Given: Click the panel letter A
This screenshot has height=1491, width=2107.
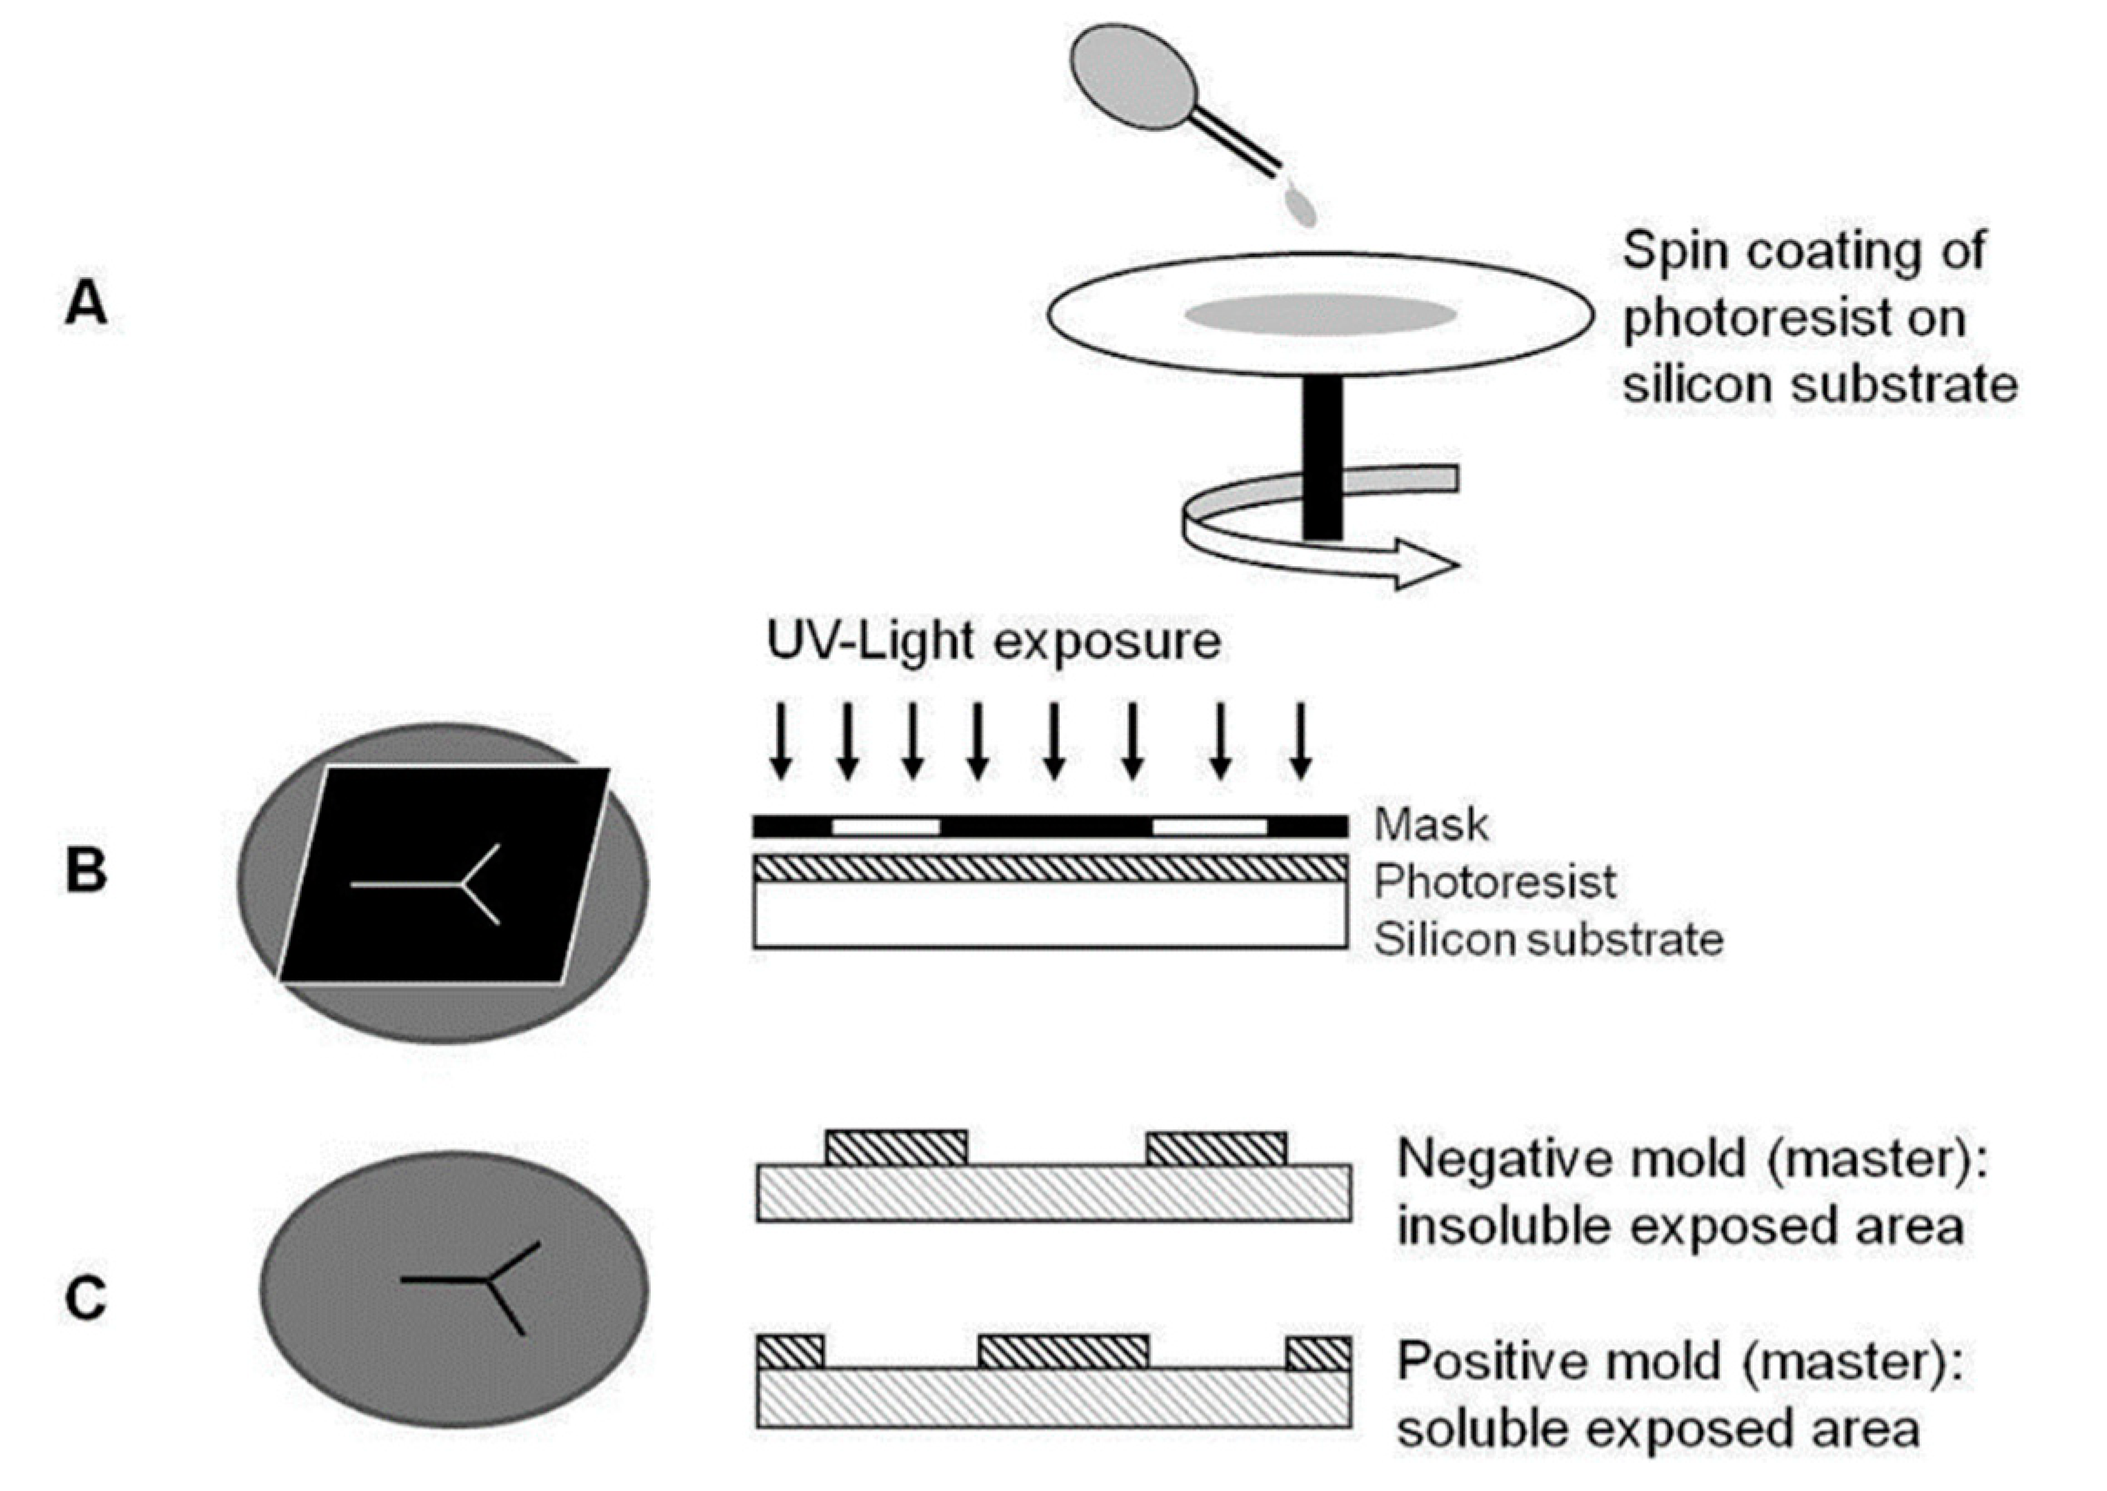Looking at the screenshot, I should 85,303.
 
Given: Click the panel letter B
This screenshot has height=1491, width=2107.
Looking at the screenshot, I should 85,870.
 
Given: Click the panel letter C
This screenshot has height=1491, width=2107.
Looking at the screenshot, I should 85,1298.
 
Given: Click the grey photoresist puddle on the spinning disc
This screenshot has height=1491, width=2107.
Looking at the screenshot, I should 1320,314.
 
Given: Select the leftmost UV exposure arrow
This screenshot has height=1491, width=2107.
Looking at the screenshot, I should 780,740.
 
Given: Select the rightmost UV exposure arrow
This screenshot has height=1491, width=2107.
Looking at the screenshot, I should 1300,740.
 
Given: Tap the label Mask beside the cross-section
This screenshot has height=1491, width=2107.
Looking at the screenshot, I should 1431,824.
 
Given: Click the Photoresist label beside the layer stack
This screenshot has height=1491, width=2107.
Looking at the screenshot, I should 1494,882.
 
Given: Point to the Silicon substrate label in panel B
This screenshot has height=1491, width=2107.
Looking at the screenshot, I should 1548,940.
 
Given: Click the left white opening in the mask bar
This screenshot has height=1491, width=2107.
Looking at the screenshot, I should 885,826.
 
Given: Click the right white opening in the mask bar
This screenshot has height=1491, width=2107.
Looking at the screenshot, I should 1209,826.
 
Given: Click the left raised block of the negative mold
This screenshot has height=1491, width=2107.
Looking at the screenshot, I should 895,1148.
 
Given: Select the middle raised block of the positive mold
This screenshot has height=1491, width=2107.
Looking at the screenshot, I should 1063,1351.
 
